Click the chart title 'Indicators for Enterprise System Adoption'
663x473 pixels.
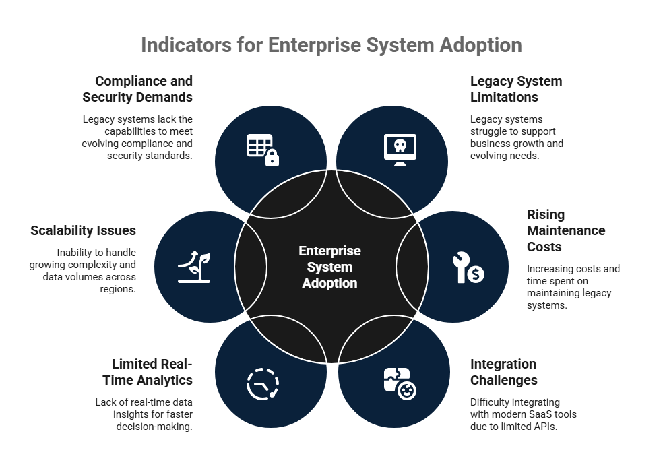[331, 44]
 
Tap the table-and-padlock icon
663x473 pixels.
[262, 150]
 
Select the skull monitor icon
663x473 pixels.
[400, 150]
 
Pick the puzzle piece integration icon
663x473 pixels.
[400, 384]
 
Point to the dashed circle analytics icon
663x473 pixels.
[262, 384]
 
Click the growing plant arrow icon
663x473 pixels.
[194, 267]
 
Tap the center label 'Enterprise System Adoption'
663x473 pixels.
[329, 267]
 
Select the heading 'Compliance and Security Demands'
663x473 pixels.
[137, 89]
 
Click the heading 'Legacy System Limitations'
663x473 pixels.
[515, 89]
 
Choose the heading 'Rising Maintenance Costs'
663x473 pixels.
[565, 230]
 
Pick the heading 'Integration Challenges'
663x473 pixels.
[503, 372]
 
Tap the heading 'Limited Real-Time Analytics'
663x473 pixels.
[152, 372]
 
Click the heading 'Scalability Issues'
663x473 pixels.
[83, 230]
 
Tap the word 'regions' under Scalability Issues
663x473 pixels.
[118, 289]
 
